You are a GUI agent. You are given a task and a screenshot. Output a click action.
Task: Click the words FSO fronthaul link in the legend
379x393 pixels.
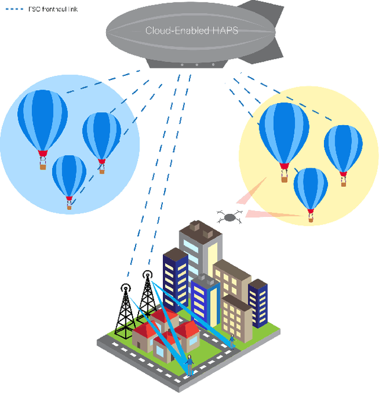click(53, 9)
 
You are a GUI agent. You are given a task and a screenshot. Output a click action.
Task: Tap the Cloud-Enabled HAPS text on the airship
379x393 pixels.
click(191, 30)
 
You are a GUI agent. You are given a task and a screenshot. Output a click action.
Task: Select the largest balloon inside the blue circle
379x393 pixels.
click(42, 122)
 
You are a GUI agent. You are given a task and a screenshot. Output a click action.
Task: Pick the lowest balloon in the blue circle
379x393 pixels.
click(69, 175)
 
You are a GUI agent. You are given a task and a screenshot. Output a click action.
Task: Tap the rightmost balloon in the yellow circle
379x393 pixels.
click(343, 148)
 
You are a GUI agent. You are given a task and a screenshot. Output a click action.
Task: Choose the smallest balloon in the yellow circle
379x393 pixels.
click(311, 189)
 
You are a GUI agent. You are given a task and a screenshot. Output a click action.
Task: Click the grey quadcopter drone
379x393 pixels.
click(229, 218)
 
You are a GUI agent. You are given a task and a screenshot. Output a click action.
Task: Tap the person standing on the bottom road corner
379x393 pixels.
click(189, 363)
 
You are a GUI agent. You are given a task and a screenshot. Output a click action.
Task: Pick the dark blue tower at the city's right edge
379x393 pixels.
click(258, 302)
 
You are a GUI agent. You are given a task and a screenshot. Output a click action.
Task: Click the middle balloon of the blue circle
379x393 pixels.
click(101, 136)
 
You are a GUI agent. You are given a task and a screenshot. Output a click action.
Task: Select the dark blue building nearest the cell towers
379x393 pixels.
click(176, 279)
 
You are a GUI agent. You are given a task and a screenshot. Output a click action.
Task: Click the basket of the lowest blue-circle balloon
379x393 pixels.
click(69, 207)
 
